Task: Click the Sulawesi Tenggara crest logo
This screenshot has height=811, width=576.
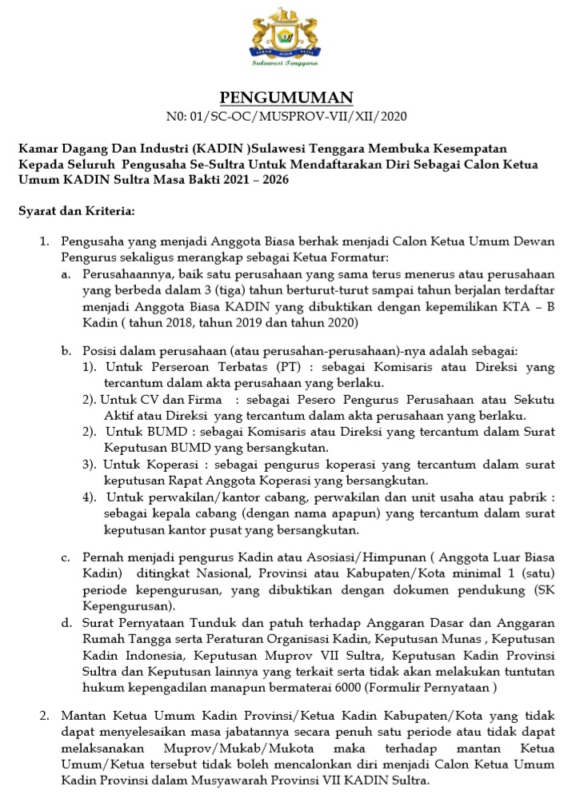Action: [287, 36]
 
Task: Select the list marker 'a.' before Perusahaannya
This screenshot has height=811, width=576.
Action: [66, 274]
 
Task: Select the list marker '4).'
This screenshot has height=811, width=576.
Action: [90, 497]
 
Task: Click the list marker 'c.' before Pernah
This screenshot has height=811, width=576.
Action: [66, 557]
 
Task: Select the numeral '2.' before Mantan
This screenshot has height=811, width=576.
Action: [46, 716]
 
